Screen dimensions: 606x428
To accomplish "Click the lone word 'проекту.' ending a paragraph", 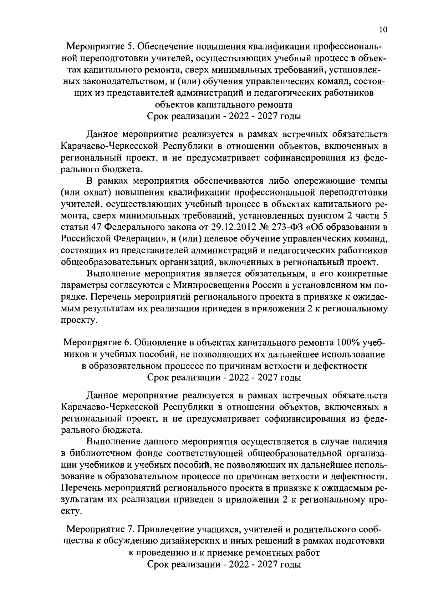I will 77,320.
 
